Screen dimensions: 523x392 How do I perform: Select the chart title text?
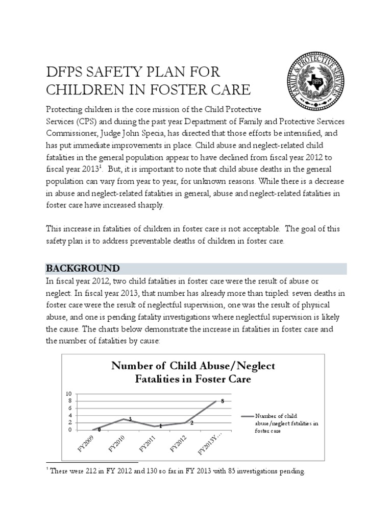click(193, 373)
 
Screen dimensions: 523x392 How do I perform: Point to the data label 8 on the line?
click(223, 401)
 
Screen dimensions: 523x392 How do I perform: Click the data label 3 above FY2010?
click(130, 419)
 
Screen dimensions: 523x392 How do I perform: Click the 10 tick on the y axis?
click(69, 394)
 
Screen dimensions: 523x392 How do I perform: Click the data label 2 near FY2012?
click(191, 423)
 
